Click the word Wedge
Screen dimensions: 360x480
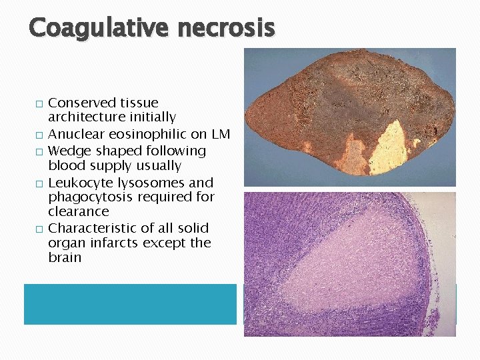point(67,151)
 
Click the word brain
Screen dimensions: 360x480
point(64,257)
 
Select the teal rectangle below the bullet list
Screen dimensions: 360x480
point(130,304)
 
